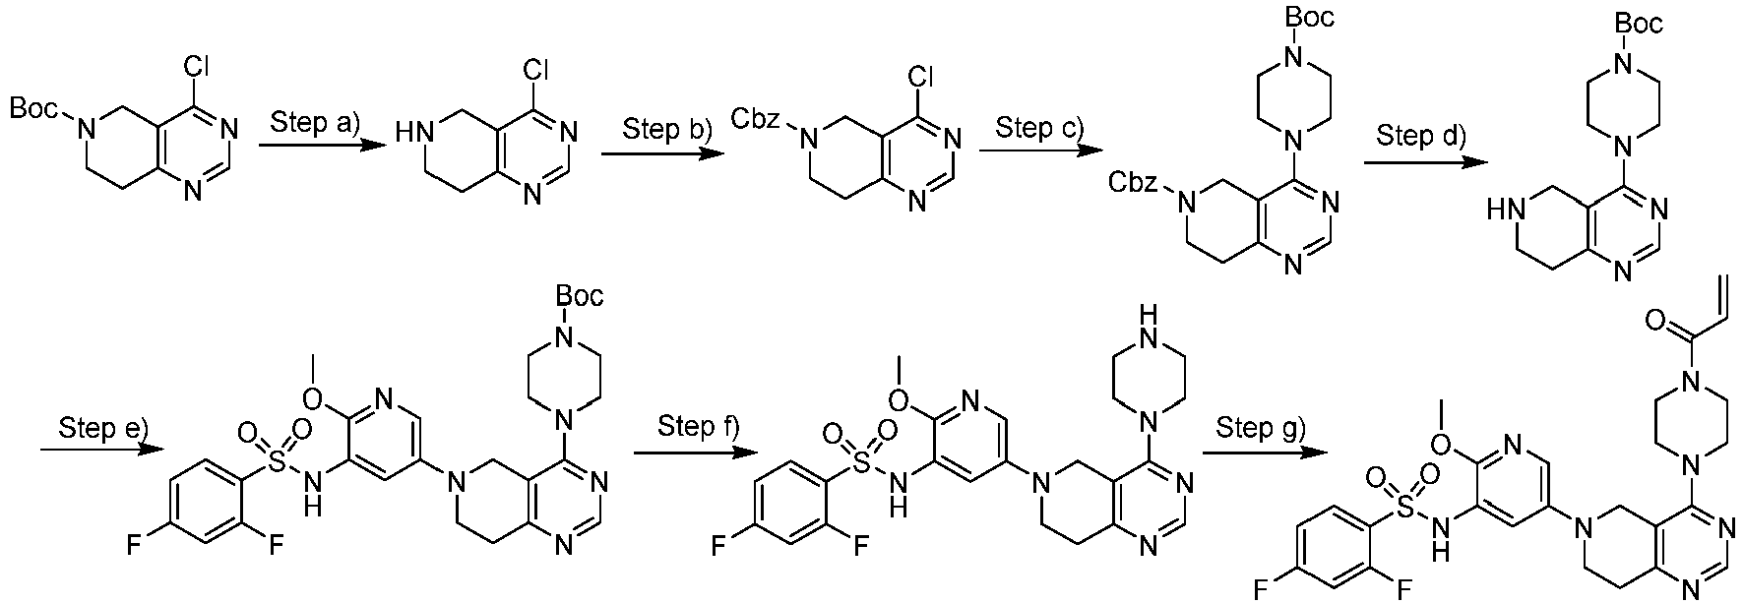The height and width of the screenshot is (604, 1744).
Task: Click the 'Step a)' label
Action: point(317,123)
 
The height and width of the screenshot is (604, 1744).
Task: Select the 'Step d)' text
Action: point(1420,135)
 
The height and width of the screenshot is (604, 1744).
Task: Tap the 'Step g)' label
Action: point(1260,427)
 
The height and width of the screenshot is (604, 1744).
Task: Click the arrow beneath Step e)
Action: point(101,450)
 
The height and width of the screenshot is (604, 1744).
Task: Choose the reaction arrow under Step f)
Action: point(694,452)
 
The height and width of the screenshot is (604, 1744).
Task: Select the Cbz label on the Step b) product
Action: point(758,119)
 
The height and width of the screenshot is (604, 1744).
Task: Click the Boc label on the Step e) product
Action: point(580,295)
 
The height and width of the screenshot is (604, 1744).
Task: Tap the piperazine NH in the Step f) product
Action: point(1146,318)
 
